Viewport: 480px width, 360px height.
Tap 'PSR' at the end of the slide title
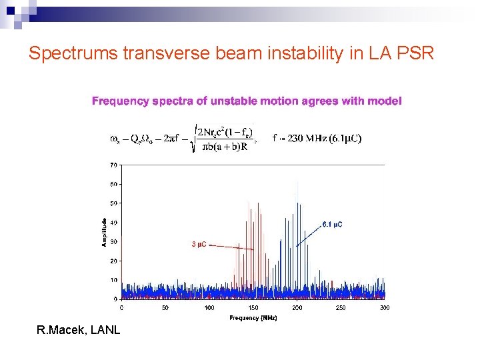coord(415,53)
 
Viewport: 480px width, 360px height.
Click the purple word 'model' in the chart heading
coord(385,101)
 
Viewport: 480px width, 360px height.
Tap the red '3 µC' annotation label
coord(199,245)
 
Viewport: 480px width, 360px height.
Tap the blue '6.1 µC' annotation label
coord(332,225)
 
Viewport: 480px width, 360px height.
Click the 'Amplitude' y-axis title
coord(104,232)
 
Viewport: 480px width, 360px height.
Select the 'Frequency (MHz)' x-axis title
coord(253,318)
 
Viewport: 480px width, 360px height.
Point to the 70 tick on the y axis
coord(115,165)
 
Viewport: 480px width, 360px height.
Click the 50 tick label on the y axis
coord(115,203)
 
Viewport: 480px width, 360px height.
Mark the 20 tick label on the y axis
coord(115,261)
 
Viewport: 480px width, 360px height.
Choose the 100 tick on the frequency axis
coord(209,307)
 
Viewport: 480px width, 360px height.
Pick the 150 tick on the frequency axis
coord(253,307)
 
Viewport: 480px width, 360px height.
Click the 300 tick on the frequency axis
coord(385,307)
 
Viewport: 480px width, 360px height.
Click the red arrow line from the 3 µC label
coord(232,247)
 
